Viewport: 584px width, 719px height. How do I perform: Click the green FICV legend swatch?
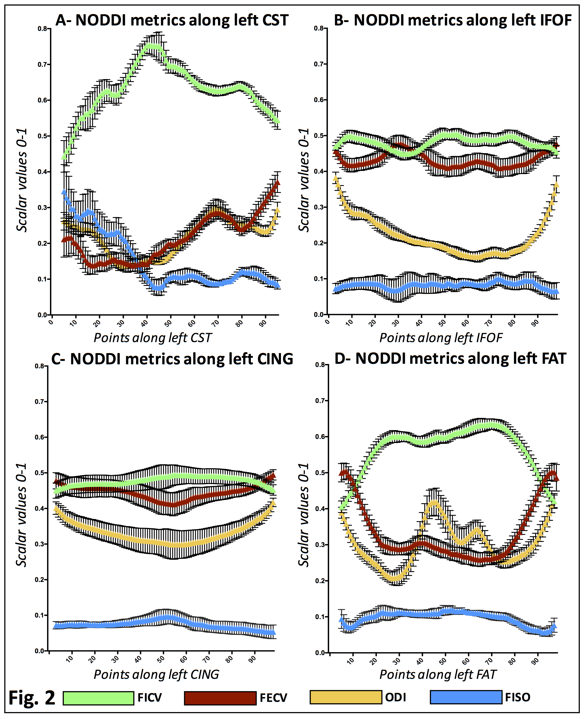[x=98, y=698]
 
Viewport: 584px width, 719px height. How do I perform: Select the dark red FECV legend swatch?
[x=220, y=698]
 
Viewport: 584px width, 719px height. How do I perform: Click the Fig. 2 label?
[x=32, y=698]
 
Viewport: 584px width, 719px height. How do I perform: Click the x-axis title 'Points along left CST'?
[x=152, y=338]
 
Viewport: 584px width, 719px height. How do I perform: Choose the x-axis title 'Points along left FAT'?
[x=438, y=674]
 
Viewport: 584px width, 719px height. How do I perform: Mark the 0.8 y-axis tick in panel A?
[x=42, y=29]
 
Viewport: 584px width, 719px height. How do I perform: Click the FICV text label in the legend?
[x=150, y=698]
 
